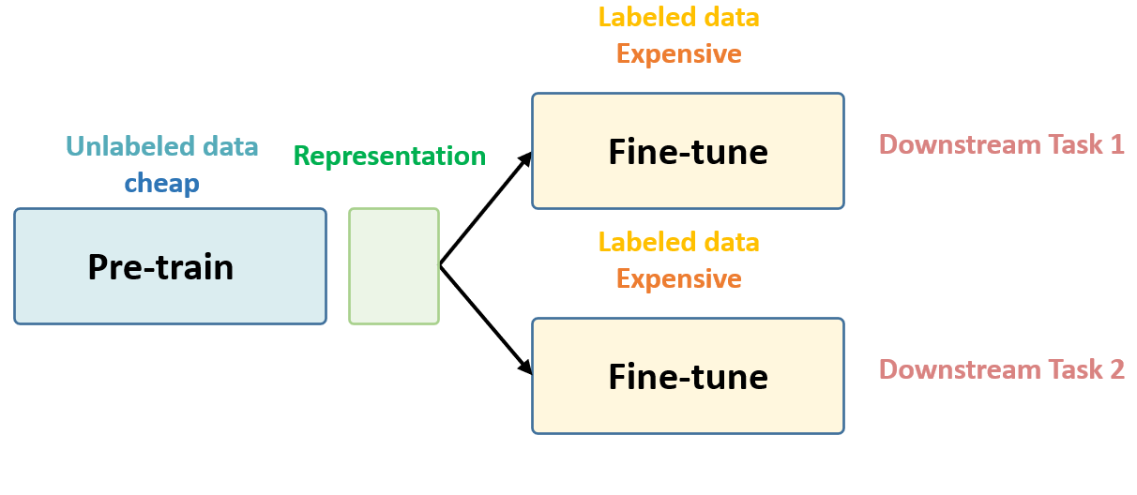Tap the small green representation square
(x=394, y=266)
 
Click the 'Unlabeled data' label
(x=161, y=146)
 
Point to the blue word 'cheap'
(x=161, y=183)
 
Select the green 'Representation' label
(x=389, y=156)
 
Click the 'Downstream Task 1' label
(x=1001, y=144)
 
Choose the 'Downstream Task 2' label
(x=1001, y=369)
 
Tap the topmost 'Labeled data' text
(x=678, y=17)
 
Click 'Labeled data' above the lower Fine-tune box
(x=678, y=242)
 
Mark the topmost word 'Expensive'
(x=678, y=53)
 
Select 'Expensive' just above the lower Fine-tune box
(x=678, y=278)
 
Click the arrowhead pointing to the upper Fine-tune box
(x=526, y=158)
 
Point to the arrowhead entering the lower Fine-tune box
(x=526, y=368)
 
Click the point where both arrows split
(x=441, y=266)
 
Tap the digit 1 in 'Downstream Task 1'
(x=1115, y=144)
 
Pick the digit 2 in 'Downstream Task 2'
(x=1115, y=369)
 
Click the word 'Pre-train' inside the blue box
(x=160, y=267)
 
